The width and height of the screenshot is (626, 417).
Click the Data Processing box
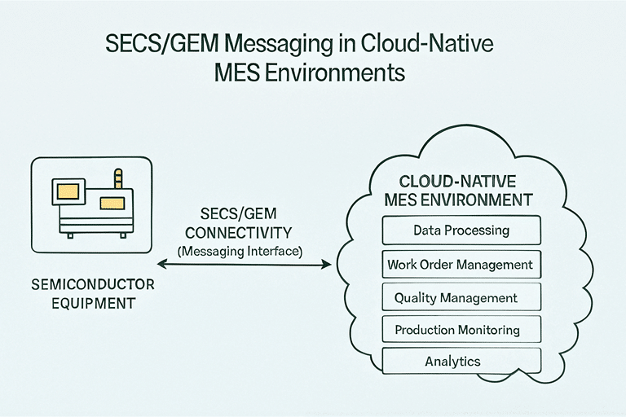coord(461,230)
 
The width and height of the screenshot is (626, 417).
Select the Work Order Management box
coord(461,264)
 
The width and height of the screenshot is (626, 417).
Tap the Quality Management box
coord(461,297)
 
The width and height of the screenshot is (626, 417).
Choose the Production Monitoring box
coord(461,330)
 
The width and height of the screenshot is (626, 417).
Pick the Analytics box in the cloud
coord(461,361)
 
